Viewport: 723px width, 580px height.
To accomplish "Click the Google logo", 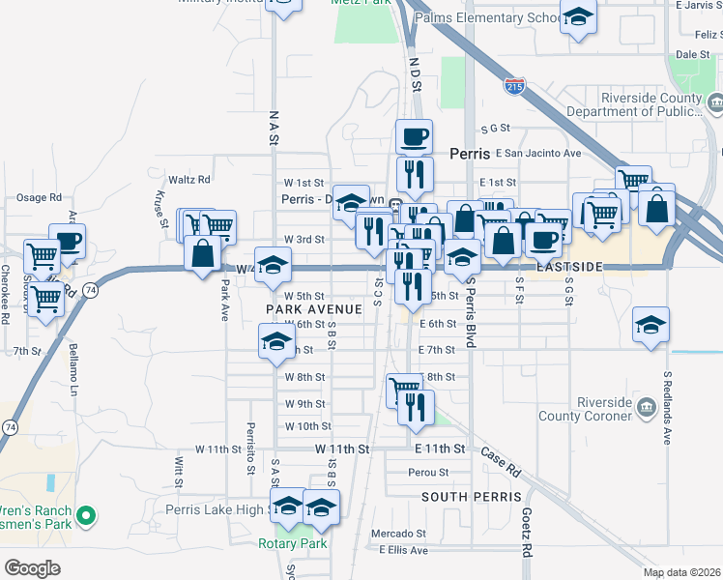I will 33,567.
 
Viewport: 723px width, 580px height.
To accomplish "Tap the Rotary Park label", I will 292,543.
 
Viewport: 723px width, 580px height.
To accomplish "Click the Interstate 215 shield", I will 514,86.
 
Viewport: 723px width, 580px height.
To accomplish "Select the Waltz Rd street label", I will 189,179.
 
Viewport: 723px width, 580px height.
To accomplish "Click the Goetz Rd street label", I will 528,533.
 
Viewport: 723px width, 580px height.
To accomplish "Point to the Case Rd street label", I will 501,463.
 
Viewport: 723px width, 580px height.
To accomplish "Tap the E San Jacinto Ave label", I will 537,153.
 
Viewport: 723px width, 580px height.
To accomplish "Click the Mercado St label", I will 400,533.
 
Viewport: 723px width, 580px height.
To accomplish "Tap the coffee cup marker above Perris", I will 414,136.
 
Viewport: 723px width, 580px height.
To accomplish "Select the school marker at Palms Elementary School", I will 579,19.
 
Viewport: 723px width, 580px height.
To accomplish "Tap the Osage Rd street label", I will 39,197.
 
